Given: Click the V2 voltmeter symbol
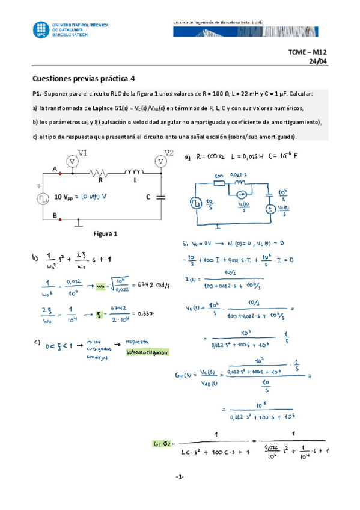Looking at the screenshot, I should (161, 161).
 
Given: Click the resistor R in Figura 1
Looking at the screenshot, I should (100, 174).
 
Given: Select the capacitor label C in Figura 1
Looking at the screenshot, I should (148, 197).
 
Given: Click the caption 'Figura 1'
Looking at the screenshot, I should (105, 233).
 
